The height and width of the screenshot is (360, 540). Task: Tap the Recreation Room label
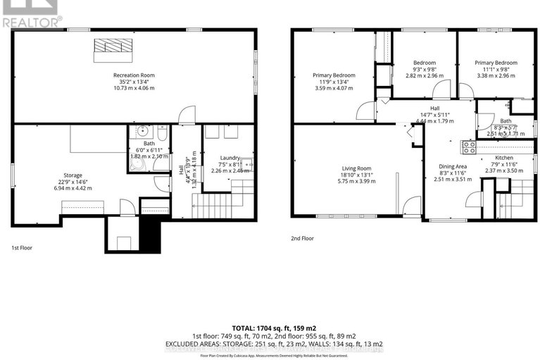click(134, 75)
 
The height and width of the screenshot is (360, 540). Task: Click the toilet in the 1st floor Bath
click(161, 132)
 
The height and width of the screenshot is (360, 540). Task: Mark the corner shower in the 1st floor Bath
click(137, 163)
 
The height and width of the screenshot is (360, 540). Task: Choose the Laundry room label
click(230, 158)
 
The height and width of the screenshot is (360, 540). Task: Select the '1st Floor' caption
click(21, 248)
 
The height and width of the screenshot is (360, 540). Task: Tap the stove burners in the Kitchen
click(469, 147)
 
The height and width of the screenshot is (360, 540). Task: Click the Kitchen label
click(505, 158)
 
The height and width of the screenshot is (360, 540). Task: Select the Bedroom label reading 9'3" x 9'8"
click(425, 63)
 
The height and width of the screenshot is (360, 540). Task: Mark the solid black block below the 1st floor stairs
click(150, 229)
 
